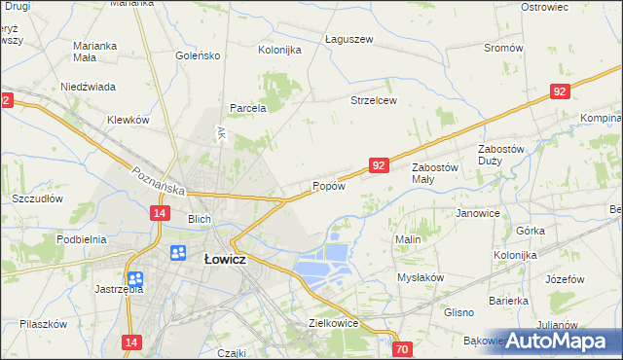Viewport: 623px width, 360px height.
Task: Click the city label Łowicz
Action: pos(224,260)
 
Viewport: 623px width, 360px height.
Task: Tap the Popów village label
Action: pos(328,186)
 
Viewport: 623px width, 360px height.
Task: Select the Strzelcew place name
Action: pos(374,100)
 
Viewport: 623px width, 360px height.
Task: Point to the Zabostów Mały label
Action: pos(434,173)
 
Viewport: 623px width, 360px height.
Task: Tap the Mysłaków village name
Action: pos(421,277)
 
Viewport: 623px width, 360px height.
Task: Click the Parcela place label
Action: pos(248,108)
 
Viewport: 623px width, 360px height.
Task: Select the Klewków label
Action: pos(128,120)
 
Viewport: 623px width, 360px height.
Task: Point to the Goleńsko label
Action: pos(198,55)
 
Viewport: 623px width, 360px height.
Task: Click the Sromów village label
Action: pos(503,48)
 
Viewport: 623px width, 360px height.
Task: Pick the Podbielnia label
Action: pos(81,239)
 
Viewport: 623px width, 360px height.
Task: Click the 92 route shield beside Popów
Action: pos(380,166)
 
